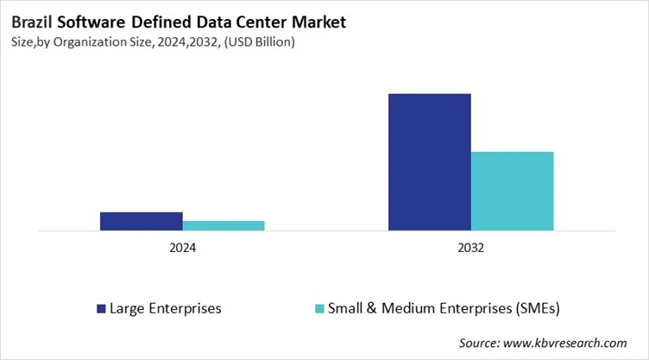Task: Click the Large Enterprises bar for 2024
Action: (141, 221)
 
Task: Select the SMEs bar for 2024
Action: (224, 225)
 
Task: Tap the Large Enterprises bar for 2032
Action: (429, 161)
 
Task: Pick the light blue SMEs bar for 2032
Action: (512, 191)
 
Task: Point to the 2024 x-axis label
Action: (182, 248)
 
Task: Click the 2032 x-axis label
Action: (470, 248)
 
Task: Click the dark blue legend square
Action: (101, 307)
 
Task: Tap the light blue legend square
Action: (319, 307)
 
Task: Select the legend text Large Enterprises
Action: (165, 307)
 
